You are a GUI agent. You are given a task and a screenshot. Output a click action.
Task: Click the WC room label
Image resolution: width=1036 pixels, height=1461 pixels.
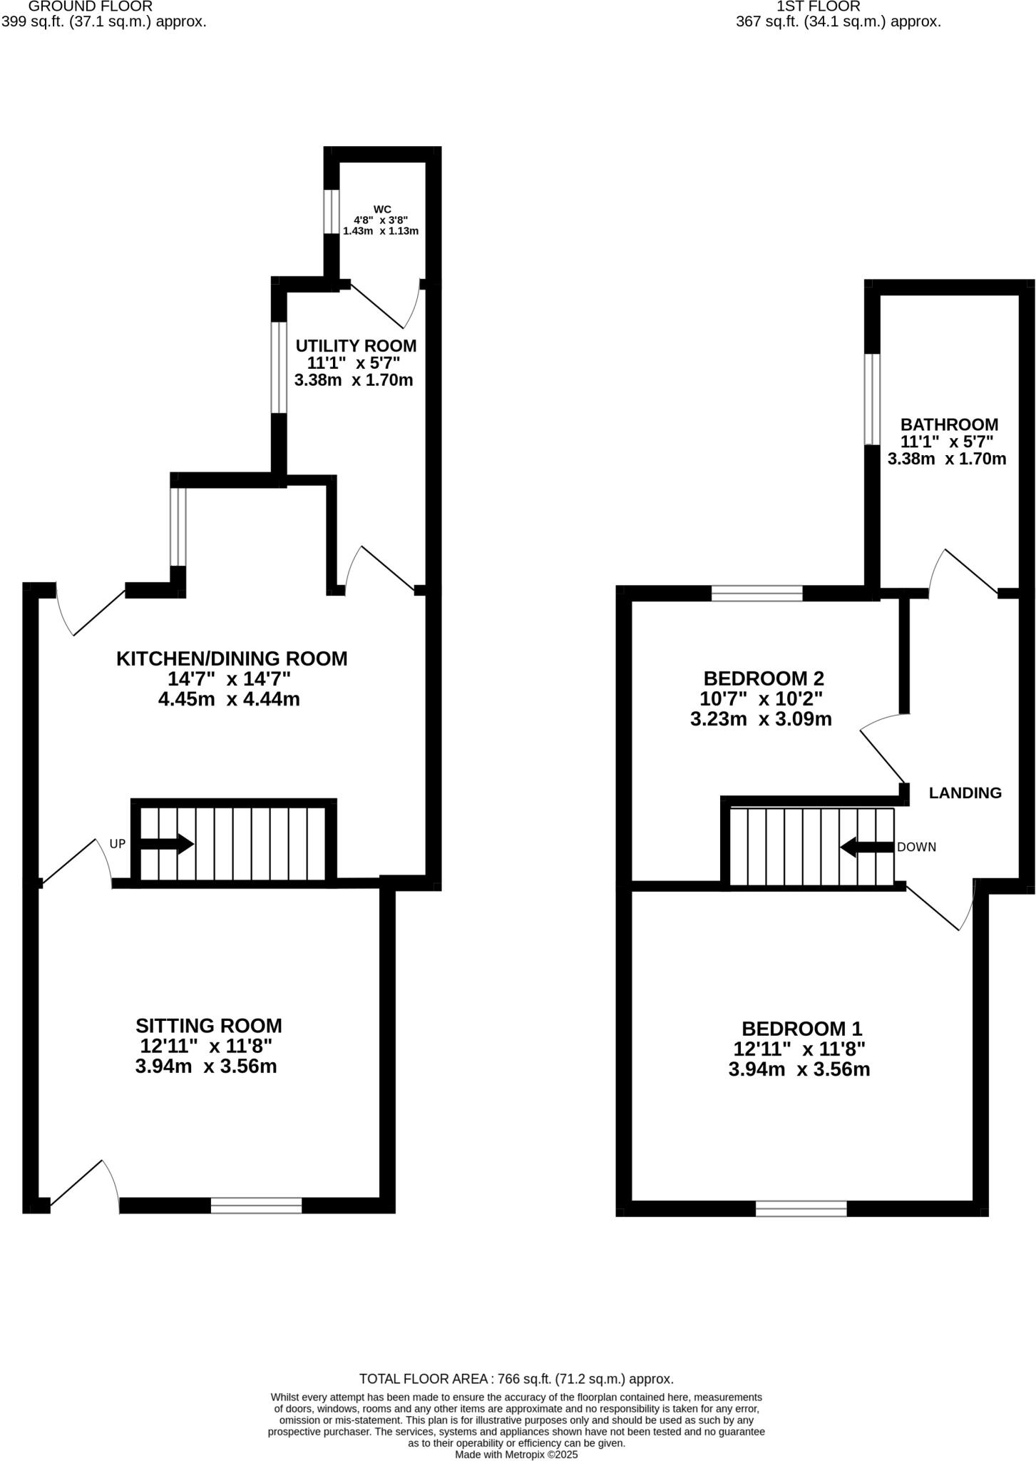point(382,209)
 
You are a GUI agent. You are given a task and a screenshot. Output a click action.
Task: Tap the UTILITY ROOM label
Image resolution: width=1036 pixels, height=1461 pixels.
point(356,346)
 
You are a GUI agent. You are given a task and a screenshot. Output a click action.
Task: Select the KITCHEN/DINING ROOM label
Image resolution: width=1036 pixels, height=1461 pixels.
point(232,658)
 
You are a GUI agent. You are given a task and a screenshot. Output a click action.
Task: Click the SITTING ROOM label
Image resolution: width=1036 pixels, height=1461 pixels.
point(209,1025)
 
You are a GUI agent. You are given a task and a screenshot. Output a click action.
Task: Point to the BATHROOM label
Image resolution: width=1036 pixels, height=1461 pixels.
point(949,424)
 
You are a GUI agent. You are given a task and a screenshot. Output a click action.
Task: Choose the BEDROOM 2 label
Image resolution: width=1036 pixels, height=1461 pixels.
point(764,678)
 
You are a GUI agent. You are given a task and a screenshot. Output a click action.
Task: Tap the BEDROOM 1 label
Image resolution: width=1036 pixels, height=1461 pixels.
point(802,1029)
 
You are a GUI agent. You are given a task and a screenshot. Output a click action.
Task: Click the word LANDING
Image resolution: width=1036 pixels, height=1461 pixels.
point(965,793)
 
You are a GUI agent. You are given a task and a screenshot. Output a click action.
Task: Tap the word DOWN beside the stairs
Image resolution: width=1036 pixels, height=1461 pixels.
point(916,847)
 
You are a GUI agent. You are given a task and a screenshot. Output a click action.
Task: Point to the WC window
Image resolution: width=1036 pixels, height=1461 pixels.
point(332,211)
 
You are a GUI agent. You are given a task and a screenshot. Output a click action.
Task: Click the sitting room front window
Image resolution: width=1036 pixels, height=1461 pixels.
point(256,1206)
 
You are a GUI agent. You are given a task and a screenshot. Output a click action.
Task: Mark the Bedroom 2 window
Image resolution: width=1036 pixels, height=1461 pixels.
point(757,593)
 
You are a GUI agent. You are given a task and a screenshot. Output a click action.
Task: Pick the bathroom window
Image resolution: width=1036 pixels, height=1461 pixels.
point(872,399)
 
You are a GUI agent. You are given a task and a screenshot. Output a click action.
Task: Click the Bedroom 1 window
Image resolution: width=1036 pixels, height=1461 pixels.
point(801,1208)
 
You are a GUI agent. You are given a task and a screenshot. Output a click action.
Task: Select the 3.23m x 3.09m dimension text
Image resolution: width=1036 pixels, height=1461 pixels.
point(761,719)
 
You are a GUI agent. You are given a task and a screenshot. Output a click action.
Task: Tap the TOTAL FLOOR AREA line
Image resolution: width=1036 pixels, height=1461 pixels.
point(516,1379)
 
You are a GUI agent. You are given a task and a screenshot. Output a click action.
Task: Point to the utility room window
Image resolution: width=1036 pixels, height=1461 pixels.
point(279,368)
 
